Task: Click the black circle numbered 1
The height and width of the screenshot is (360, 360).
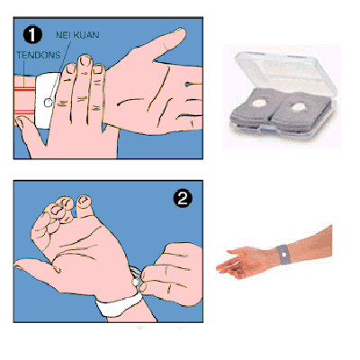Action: [32, 35]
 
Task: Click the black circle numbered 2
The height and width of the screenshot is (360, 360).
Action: [183, 198]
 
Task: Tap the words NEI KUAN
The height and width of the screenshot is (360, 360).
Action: [77, 35]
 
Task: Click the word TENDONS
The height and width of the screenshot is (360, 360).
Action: [39, 55]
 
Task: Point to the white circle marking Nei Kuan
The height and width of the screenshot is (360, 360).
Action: [48, 103]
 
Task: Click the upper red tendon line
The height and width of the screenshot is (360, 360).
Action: [25, 89]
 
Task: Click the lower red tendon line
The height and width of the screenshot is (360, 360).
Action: [25, 112]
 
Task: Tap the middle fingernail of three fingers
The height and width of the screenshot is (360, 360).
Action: [85, 60]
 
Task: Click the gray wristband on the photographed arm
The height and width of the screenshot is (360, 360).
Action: [283, 255]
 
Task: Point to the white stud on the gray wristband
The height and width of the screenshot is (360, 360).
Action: [283, 255]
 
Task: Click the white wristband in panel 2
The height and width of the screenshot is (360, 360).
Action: [120, 304]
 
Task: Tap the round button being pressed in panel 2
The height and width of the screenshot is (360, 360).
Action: [136, 282]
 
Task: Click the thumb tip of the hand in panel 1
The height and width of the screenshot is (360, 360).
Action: [20, 122]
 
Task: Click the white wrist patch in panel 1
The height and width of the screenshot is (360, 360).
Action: [47, 101]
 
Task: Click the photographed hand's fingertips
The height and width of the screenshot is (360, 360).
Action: [223, 268]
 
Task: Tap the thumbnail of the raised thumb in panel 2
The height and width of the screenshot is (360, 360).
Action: [84, 200]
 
